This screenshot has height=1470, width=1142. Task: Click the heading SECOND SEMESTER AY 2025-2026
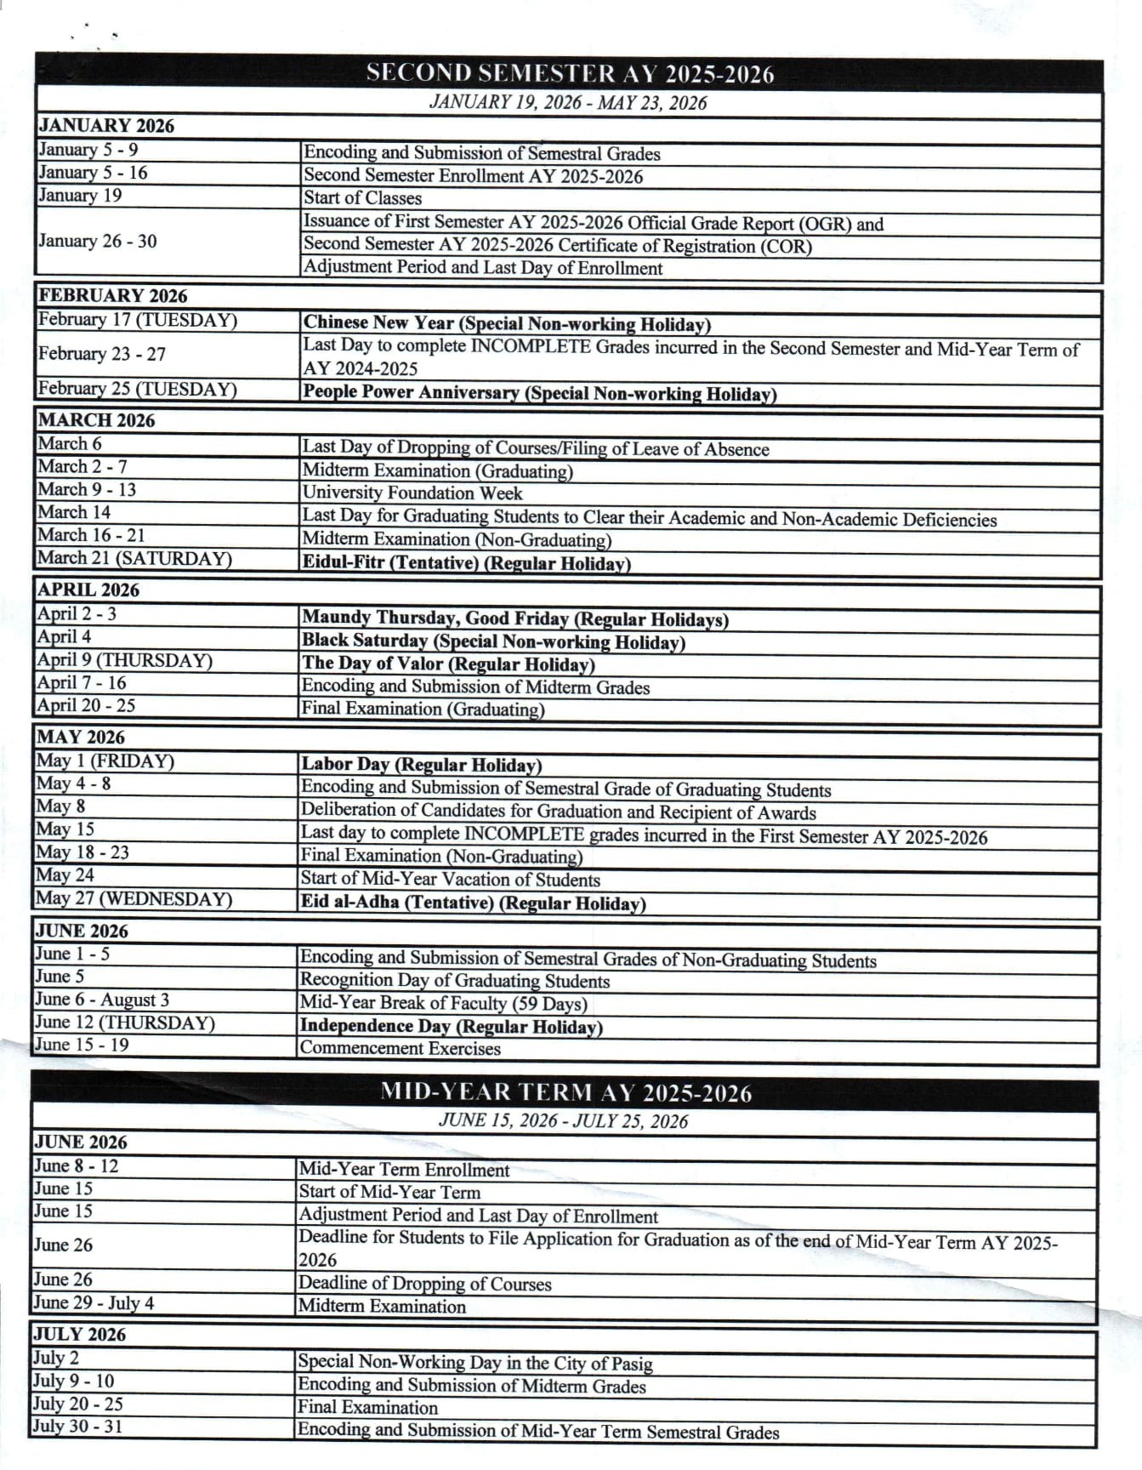(x=570, y=74)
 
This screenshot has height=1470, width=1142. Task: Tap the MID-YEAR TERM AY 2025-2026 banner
(x=565, y=1092)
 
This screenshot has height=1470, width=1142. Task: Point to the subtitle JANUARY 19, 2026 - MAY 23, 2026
(x=568, y=103)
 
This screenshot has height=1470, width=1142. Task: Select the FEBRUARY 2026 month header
(x=112, y=295)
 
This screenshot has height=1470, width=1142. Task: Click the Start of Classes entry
(x=362, y=198)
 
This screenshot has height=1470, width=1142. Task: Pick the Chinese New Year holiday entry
(x=507, y=323)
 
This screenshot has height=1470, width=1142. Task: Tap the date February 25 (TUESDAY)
(x=137, y=389)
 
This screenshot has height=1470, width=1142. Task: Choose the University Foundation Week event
(x=412, y=493)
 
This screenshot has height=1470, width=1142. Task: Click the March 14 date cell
(x=74, y=512)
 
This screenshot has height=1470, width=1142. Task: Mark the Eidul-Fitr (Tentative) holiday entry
(x=466, y=562)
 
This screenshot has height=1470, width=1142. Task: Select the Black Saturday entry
(x=493, y=641)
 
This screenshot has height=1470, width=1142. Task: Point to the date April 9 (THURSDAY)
(x=124, y=660)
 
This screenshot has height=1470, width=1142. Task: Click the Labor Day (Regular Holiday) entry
(x=421, y=764)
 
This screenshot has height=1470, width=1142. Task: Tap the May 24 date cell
(x=65, y=875)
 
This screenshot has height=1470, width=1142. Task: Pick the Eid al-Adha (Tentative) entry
(x=473, y=903)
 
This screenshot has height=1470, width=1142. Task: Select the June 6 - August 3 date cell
(x=102, y=1000)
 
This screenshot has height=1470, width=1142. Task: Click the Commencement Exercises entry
(x=400, y=1048)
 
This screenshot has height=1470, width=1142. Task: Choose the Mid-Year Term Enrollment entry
(x=404, y=1170)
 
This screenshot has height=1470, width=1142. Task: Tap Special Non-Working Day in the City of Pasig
(x=474, y=1362)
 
